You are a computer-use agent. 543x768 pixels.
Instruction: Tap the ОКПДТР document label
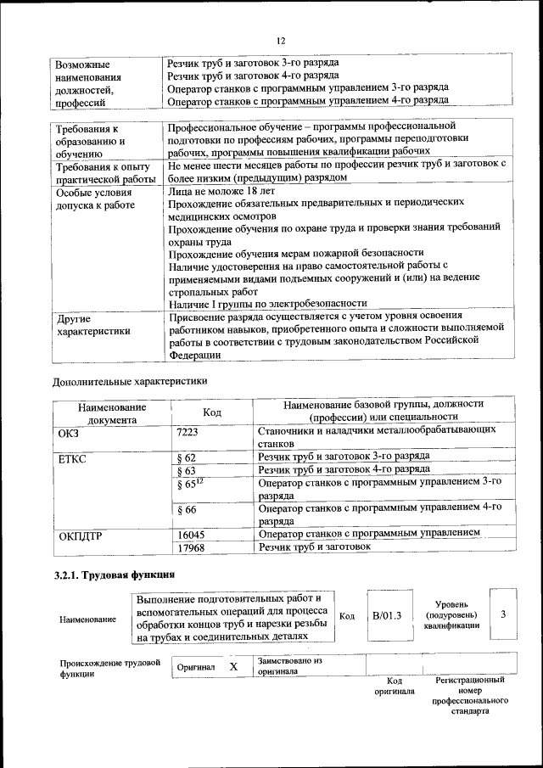point(80,535)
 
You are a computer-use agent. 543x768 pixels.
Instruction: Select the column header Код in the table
point(212,412)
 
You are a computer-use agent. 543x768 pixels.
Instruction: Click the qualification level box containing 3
point(503,614)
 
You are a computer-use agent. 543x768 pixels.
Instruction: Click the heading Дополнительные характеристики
point(130,381)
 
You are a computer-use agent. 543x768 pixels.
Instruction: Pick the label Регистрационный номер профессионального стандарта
point(469,696)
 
